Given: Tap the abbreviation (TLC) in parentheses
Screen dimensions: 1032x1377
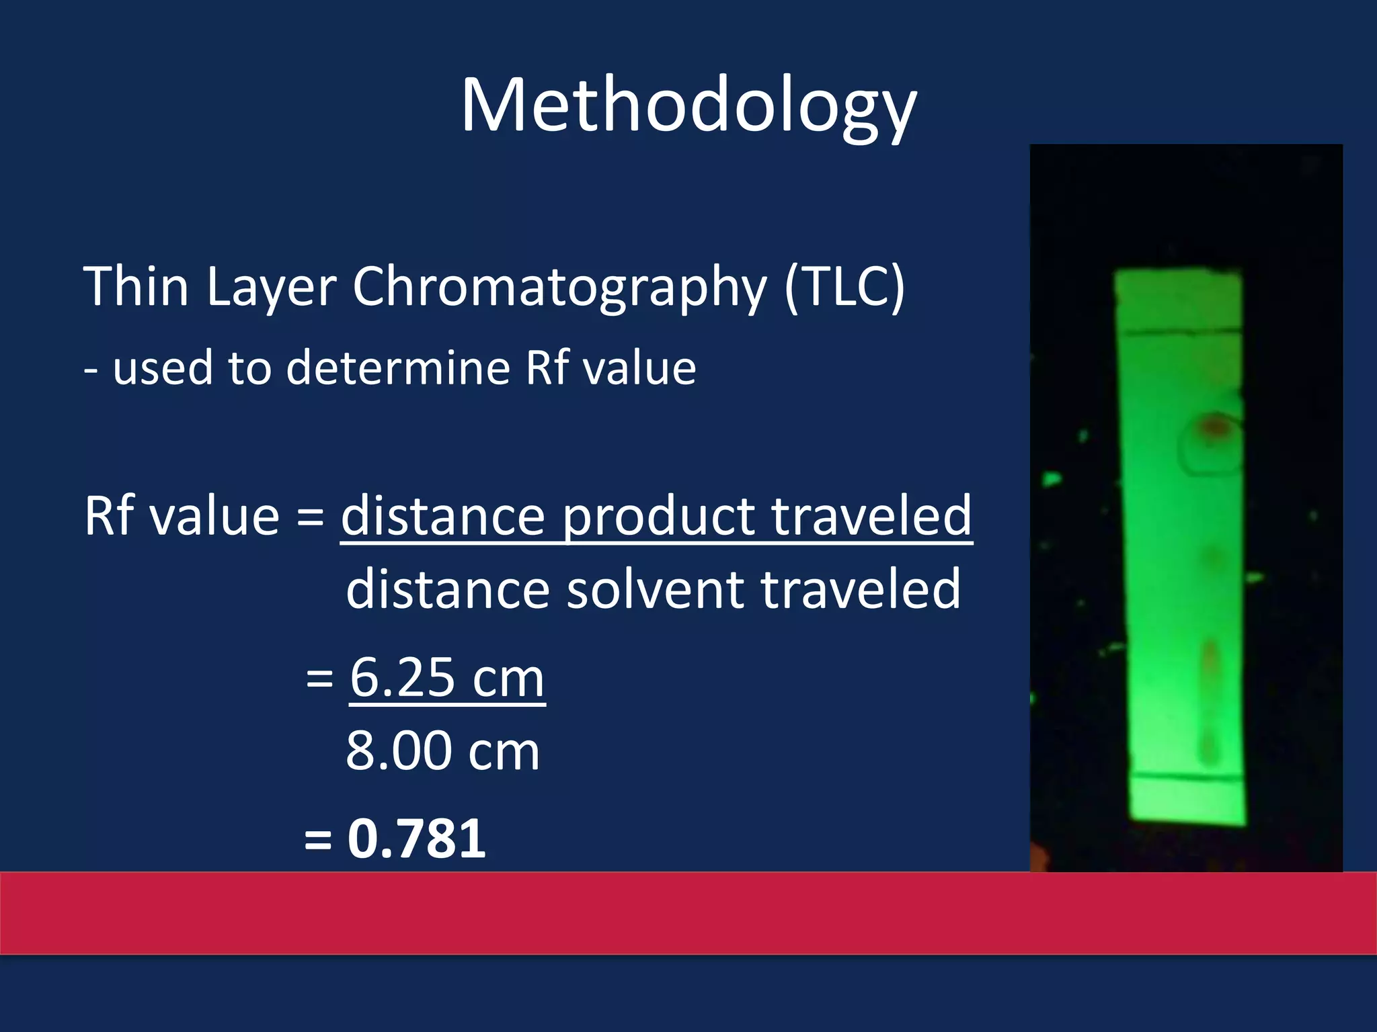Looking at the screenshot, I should pyautogui.click(x=844, y=288).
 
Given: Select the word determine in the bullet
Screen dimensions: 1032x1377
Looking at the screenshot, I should pyautogui.click(x=398, y=368).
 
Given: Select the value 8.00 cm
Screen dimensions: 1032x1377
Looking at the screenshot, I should pyautogui.click(x=442, y=750).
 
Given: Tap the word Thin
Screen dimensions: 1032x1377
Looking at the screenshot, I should pyautogui.click(x=136, y=288).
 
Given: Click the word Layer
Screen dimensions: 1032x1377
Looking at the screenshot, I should pyautogui.click(x=270, y=288).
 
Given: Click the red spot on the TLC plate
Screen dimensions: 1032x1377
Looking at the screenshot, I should pyautogui.click(x=1214, y=425).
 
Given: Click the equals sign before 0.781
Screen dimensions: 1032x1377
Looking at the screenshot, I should pyautogui.click(x=318, y=840).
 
